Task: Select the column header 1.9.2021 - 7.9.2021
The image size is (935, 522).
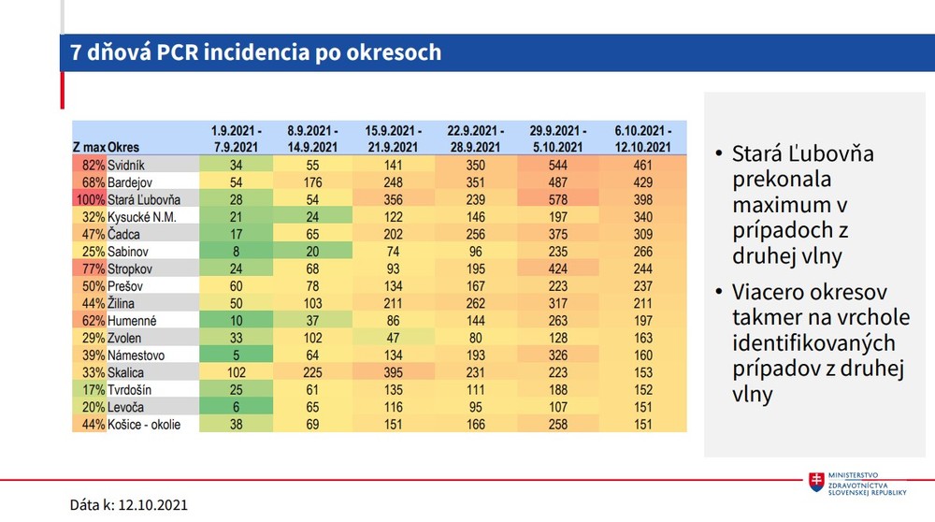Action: coord(237,138)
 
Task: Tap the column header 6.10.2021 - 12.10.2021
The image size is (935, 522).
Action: coord(643,138)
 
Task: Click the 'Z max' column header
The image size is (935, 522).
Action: coord(89,147)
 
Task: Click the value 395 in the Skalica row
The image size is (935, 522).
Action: coord(393,372)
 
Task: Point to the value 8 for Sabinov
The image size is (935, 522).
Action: coord(237,252)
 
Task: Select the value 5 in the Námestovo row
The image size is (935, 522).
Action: coord(237,355)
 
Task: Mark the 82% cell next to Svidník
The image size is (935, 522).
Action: coord(92,165)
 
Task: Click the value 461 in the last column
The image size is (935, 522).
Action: coord(643,165)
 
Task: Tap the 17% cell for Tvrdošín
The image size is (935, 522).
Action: coord(92,390)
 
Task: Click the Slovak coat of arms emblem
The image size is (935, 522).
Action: coord(816,483)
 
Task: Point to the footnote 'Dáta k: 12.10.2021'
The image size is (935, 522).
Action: coord(129,504)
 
